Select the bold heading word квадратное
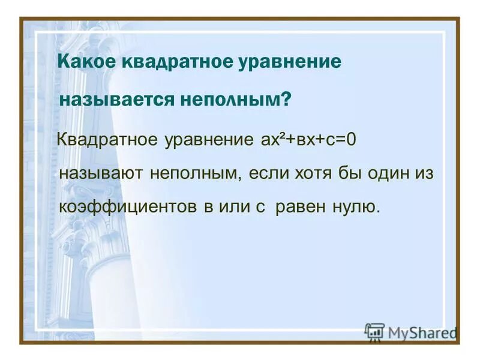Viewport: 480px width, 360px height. click(x=170, y=63)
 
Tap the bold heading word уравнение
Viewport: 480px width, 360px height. click(x=284, y=63)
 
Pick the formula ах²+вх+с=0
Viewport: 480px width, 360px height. click(x=309, y=140)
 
